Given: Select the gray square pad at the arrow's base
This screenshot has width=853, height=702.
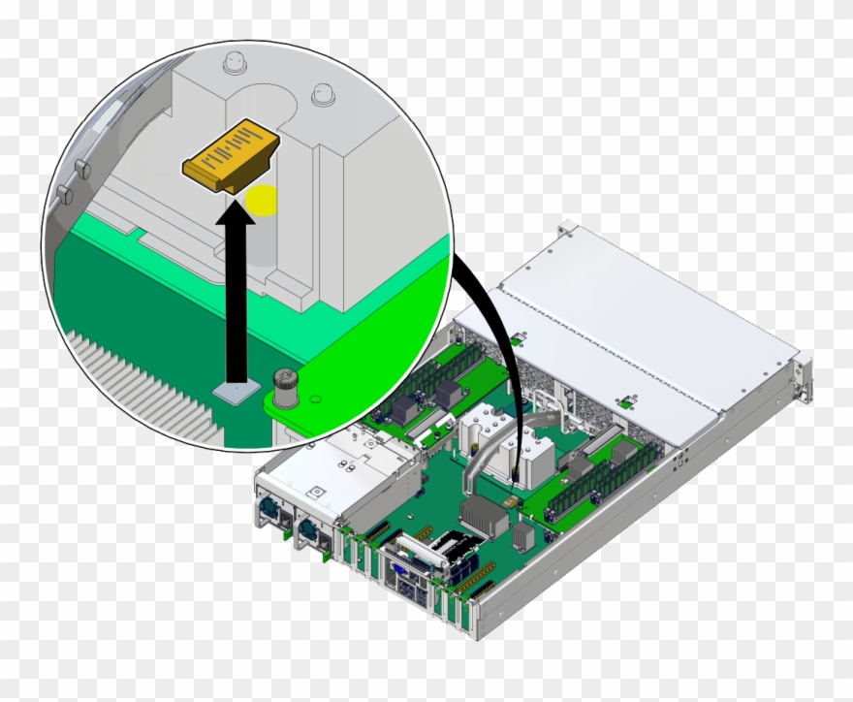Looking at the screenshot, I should pyautogui.click(x=235, y=391).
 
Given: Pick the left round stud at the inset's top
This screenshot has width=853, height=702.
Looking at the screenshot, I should pyautogui.click(x=233, y=63).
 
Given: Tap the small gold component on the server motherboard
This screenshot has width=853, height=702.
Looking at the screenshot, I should pyautogui.click(x=512, y=501).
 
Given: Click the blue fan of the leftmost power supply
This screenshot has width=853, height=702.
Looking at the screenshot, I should pyautogui.click(x=267, y=511).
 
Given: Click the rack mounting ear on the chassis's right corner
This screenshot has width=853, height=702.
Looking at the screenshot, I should pyautogui.click(x=801, y=378).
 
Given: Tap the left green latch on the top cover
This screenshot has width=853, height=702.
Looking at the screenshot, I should pyautogui.click(x=520, y=338).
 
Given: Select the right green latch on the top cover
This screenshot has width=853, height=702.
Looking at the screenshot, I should pyautogui.click(x=627, y=399).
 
